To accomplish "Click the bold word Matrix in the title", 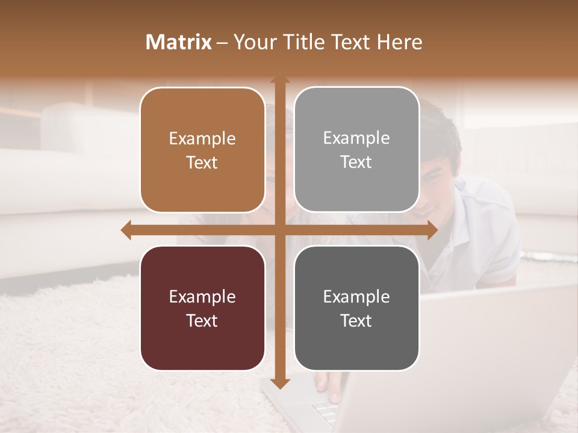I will [179, 42].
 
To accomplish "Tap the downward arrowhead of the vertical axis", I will [279, 384].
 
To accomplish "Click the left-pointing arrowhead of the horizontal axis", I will [126, 230].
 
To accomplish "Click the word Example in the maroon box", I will [202, 296].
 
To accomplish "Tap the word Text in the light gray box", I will [356, 162].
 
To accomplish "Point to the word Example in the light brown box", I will [202, 138].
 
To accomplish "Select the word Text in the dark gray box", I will [356, 321].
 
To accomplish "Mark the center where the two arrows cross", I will [279, 230].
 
